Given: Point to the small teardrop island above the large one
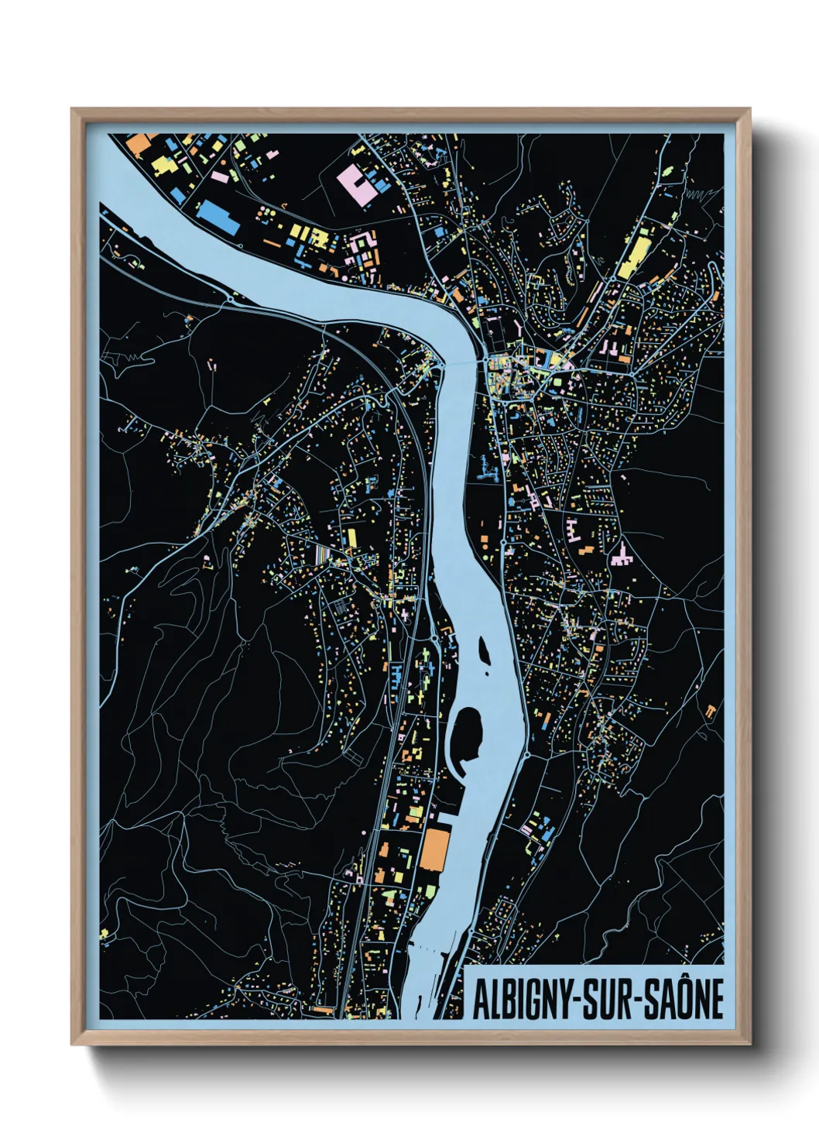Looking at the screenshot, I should pyautogui.click(x=485, y=648).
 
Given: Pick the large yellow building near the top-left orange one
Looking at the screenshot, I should pyautogui.click(x=163, y=164).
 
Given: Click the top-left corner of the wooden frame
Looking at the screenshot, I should pyautogui.click(x=73, y=110).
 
